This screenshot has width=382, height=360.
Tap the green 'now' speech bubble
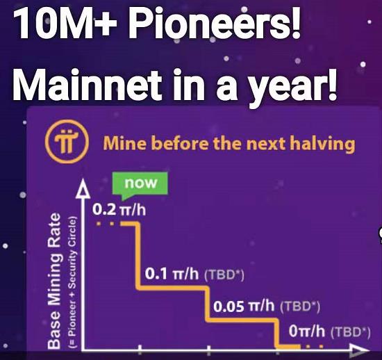(140, 184)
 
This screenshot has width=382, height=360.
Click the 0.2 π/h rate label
(119, 210)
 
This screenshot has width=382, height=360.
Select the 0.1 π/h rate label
(172, 274)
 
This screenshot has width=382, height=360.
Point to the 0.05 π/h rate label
(244, 306)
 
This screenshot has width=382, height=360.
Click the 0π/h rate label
(307, 332)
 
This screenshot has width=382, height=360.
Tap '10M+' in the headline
(65, 24)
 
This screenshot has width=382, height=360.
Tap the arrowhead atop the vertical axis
(83, 189)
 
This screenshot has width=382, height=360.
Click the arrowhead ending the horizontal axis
(359, 351)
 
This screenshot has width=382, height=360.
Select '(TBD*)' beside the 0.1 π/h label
(224, 275)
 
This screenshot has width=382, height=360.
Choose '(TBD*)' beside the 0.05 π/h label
(300, 307)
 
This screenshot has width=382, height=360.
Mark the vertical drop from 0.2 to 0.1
(138, 256)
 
